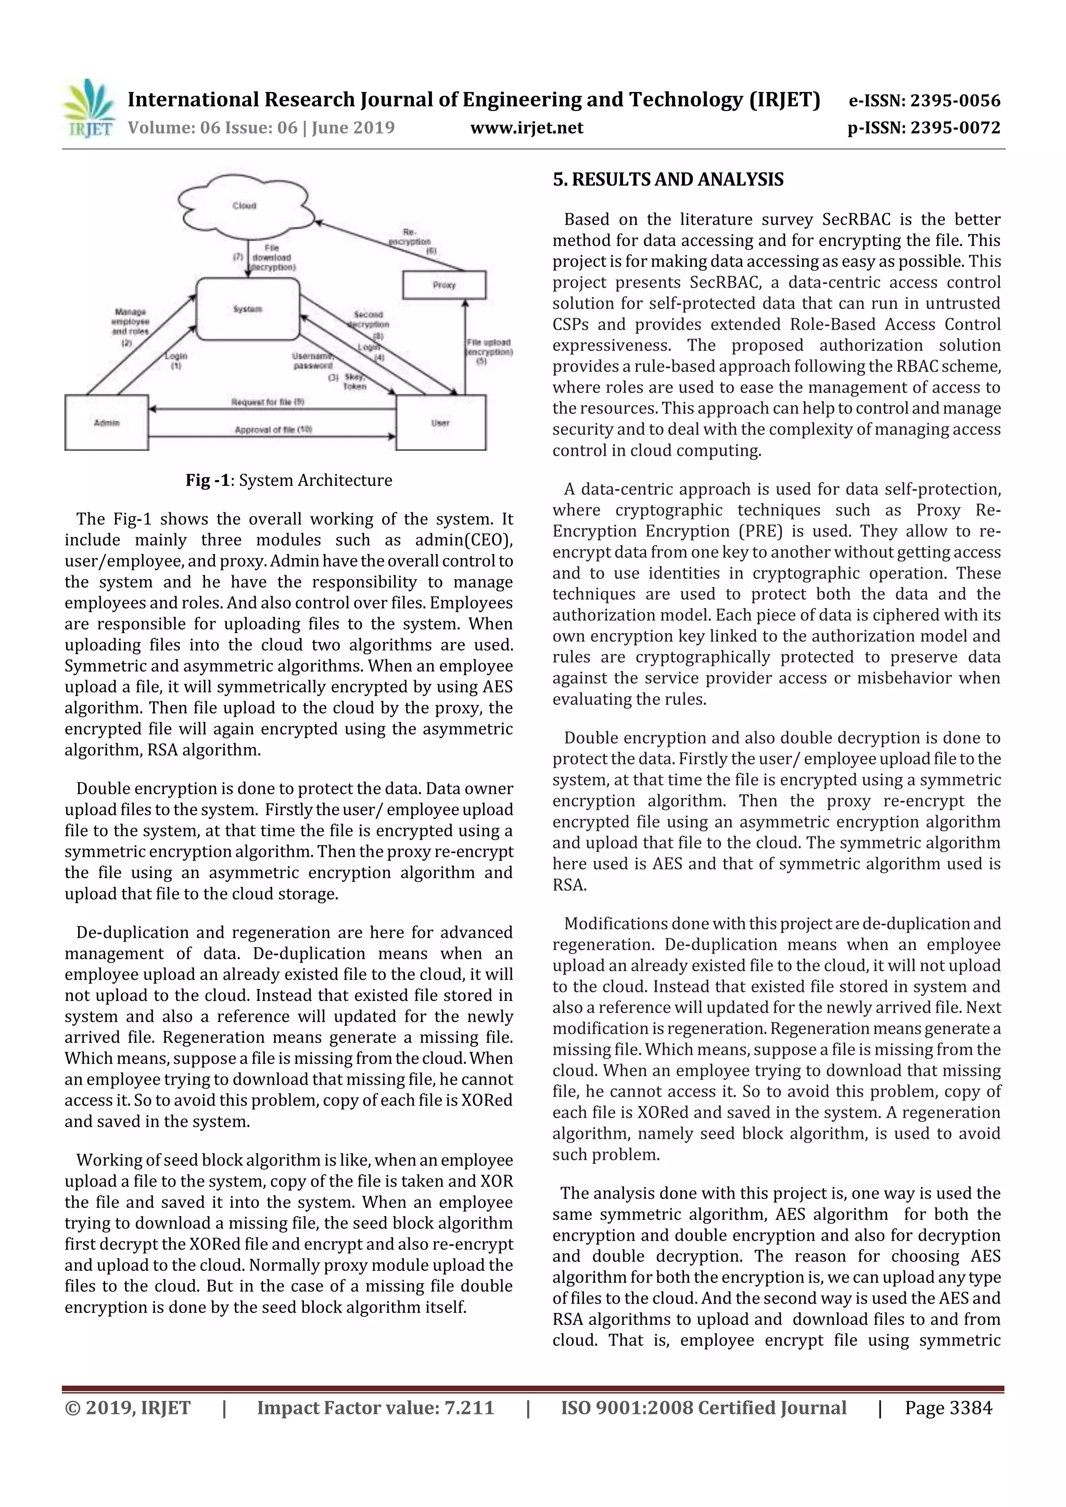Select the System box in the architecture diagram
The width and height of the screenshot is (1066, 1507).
(x=248, y=308)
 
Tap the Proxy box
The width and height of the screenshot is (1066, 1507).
(x=444, y=285)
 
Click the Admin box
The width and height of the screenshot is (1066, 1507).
(x=106, y=423)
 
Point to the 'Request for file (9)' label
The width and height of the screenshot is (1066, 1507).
(x=268, y=402)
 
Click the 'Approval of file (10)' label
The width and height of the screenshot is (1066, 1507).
(x=273, y=430)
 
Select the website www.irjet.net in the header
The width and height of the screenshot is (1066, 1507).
(x=527, y=127)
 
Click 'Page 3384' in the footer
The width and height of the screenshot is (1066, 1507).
(x=948, y=1407)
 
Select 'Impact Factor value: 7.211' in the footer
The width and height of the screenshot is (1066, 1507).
(x=375, y=1407)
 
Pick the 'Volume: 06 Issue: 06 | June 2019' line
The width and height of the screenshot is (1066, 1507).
(x=261, y=127)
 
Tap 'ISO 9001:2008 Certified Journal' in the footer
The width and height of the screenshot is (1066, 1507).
(x=703, y=1407)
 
